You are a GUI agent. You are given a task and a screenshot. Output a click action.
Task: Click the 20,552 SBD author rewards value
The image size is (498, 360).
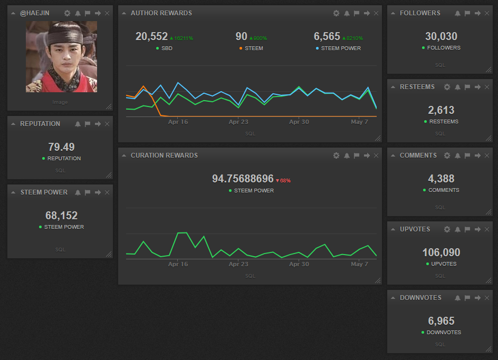click(x=151, y=36)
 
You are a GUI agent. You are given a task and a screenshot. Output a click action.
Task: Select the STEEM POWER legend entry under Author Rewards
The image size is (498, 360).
click(x=341, y=48)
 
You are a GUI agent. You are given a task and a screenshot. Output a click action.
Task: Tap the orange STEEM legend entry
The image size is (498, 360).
click(x=253, y=48)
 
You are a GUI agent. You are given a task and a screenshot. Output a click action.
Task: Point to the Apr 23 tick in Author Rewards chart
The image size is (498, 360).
click(x=238, y=122)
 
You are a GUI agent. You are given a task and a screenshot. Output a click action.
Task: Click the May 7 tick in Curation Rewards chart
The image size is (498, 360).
click(x=360, y=264)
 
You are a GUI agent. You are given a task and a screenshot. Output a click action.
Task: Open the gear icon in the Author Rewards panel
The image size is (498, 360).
click(x=336, y=13)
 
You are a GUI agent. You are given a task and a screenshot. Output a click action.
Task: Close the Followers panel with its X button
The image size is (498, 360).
click(x=487, y=13)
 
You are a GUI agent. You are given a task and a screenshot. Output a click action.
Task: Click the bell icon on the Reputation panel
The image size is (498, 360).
click(x=78, y=124)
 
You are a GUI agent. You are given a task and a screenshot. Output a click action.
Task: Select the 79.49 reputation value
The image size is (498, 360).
click(x=61, y=147)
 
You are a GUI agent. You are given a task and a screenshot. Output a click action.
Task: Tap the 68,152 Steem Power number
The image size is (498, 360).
click(x=61, y=216)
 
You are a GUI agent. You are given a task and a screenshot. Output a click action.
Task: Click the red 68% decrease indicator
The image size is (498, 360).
click(x=283, y=180)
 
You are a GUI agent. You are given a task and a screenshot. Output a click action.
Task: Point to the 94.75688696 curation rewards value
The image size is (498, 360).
click(x=243, y=179)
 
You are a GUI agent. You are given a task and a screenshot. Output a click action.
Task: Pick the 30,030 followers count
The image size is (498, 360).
click(x=441, y=36)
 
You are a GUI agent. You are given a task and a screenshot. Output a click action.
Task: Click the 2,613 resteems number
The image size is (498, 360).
click(x=441, y=110)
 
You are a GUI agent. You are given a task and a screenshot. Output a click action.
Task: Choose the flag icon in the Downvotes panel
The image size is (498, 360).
click(x=467, y=298)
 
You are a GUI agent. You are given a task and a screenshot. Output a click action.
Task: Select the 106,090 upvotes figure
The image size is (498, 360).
click(x=441, y=252)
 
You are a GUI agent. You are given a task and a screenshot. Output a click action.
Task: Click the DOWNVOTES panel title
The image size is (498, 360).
click(x=420, y=298)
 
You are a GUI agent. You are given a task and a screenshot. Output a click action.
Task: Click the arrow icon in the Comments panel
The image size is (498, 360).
click(x=477, y=155)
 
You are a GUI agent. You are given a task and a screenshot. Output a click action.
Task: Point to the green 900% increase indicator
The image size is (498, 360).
click(x=258, y=38)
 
